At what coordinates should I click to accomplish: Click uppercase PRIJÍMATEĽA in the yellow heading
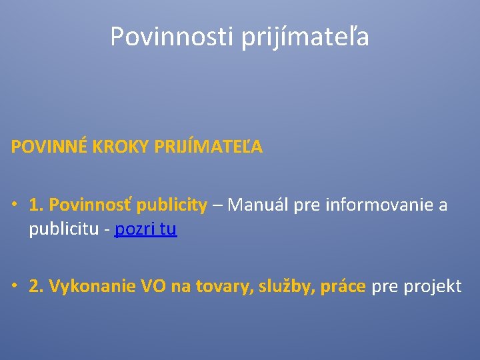(x=209, y=147)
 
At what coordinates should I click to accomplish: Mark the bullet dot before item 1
(x=15, y=205)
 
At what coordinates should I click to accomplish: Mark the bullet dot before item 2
(x=15, y=287)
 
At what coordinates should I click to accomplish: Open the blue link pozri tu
(x=145, y=230)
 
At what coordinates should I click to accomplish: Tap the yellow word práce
(x=343, y=287)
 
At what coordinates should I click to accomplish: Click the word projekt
(x=430, y=287)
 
